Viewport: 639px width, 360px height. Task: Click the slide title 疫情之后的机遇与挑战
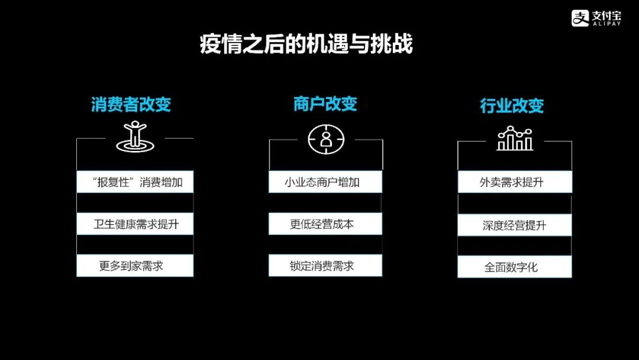pyautogui.click(x=306, y=45)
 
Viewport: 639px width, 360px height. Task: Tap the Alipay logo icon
pyautogui.click(x=580, y=18)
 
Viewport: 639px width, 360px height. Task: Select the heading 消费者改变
pyautogui.click(x=131, y=105)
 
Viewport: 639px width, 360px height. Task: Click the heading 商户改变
pyautogui.click(x=325, y=104)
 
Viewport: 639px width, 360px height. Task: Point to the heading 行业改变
pyautogui.click(x=511, y=106)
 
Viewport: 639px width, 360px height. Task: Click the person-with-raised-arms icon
pyautogui.click(x=135, y=136)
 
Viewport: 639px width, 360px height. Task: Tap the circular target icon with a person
pyautogui.click(x=325, y=139)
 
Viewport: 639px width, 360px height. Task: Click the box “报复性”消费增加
pyautogui.click(x=135, y=182)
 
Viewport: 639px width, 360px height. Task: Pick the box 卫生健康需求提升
pyautogui.click(x=135, y=224)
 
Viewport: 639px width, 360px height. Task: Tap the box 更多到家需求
pyautogui.click(x=135, y=266)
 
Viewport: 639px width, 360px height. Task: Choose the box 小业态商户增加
pyautogui.click(x=325, y=182)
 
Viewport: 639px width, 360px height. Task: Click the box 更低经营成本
pyautogui.click(x=325, y=224)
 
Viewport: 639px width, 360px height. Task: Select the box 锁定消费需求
pyautogui.click(x=325, y=266)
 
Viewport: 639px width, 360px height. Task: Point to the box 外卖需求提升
pyautogui.click(x=515, y=182)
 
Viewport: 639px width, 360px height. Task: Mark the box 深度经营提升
pyautogui.click(x=515, y=225)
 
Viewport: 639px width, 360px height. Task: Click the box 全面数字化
pyautogui.click(x=515, y=267)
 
